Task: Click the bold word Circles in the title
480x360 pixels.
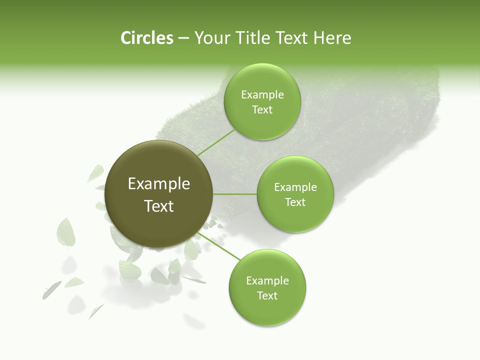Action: [x=147, y=38]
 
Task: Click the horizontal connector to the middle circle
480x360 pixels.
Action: [x=235, y=194]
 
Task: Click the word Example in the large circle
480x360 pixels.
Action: [x=159, y=184]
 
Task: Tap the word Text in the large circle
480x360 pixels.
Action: [x=159, y=206]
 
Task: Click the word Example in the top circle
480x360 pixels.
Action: [x=262, y=95]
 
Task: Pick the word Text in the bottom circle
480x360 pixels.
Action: [x=267, y=295]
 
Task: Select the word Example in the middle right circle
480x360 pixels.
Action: [x=295, y=187]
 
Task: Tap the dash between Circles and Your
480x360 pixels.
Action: [x=183, y=38]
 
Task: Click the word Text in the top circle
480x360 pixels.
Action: [x=262, y=110]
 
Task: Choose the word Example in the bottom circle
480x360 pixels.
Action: [x=267, y=281]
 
